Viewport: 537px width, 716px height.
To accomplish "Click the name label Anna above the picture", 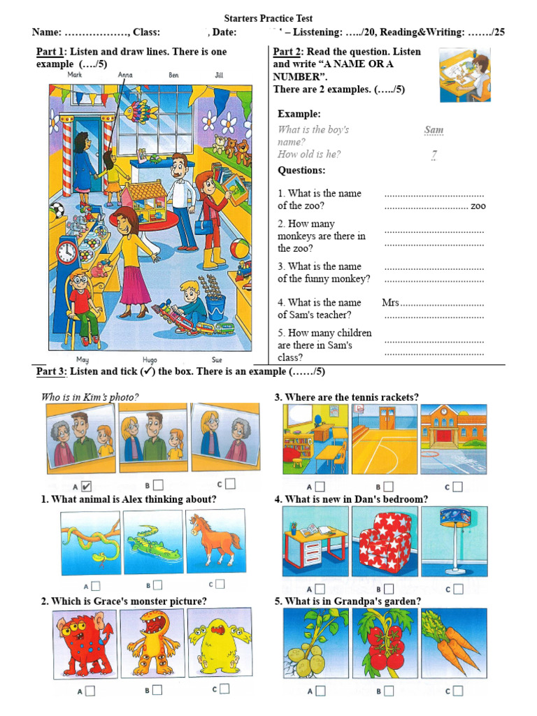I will coord(125,74).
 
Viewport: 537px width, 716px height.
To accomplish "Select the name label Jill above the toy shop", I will coord(220,74).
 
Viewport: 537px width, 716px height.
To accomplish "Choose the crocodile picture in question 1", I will coord(153,541).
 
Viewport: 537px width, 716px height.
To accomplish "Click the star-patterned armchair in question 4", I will coord(385,541).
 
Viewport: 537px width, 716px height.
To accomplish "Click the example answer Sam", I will coord(434,130).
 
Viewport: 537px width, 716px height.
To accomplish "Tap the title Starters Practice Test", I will coord(268,18).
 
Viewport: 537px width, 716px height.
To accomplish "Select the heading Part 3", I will coord(50,371).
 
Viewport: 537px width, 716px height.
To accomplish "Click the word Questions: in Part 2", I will coord(301,170).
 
